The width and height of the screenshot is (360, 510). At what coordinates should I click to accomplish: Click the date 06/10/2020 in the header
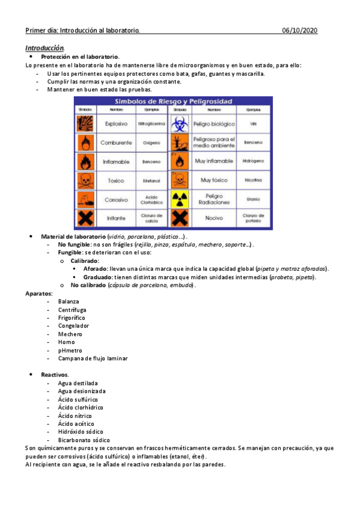300,30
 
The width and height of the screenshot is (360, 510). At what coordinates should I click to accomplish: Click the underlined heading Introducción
45,48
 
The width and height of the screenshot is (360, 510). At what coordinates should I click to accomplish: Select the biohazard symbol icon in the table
180,124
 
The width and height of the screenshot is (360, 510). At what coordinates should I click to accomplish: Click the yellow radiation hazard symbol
180,199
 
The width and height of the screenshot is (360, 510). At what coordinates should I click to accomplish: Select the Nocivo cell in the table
214,218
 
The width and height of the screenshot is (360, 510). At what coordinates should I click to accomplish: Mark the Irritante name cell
116,218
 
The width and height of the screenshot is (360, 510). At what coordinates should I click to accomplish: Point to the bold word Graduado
98,277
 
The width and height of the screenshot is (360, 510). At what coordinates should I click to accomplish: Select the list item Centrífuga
72,309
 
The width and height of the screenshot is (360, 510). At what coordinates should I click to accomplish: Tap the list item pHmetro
71,350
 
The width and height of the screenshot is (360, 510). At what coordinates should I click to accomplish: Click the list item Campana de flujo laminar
93,358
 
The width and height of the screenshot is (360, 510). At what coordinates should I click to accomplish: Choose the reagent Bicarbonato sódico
84,440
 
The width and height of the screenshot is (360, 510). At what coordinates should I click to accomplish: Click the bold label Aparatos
39,293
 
